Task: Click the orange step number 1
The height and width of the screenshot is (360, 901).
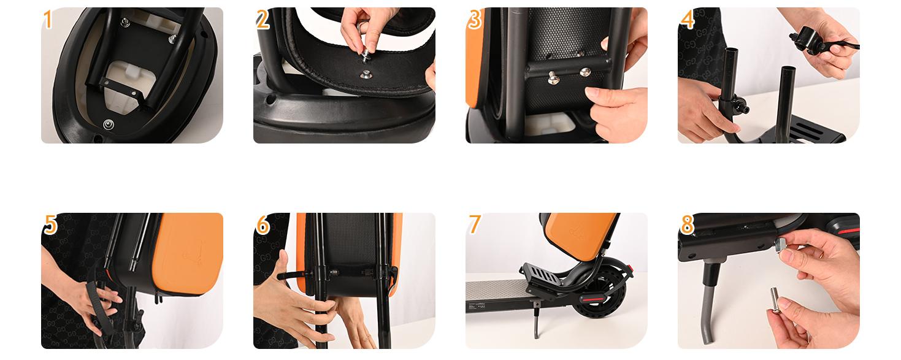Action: pyautogui.click(x=48, y=20)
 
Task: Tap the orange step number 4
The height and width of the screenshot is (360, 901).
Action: pyautogui.click(x=688, y=20)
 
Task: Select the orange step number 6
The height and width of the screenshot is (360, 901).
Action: pyautogui.click(x=263, y=226)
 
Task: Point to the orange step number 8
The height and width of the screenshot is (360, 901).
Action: pyautogui.click(x=688, y=226)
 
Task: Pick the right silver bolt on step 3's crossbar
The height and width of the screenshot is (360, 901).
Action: pyautogui.click(x=585, y=72)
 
